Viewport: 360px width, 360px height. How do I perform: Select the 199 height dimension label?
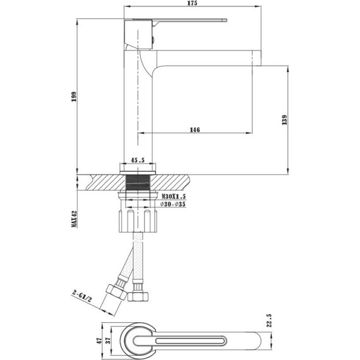click(74, 96)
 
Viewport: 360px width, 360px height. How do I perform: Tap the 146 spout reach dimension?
click(195, 129)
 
